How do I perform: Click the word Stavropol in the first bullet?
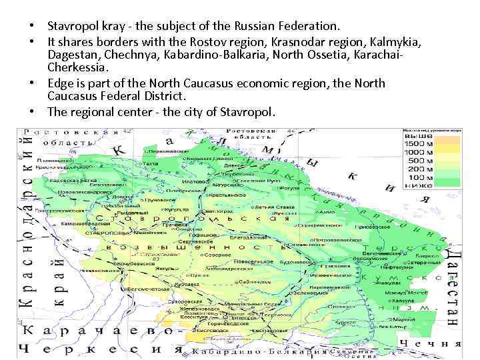[x=73, y=27]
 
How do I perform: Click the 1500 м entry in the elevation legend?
[x=419, y=144]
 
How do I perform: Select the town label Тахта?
[x=151, y=162]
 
